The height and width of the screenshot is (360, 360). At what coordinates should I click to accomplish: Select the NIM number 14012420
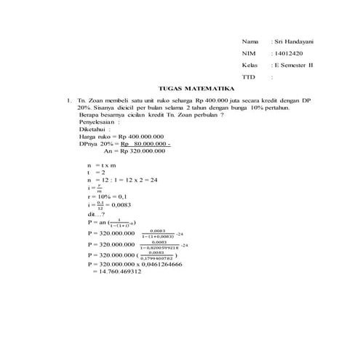[x=287, y=54]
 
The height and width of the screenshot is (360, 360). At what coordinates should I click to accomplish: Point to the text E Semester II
[x=296, y=65]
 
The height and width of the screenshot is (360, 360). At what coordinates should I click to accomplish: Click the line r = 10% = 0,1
[x=108, y=196]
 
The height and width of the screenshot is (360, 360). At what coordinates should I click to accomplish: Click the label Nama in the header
[x=249, y=42]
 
